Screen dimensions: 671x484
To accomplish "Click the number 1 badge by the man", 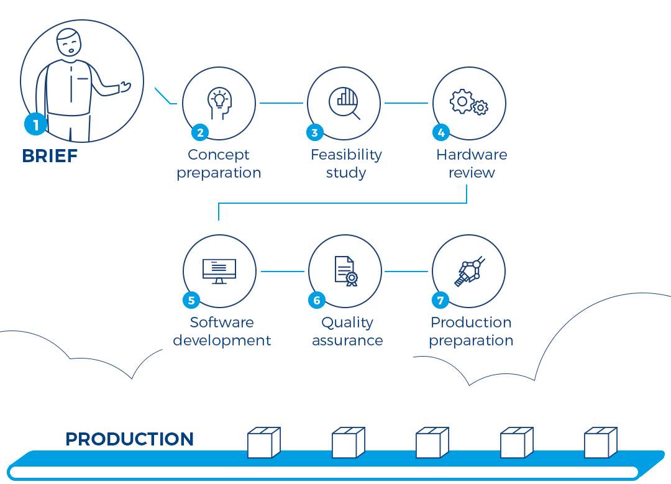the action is (x=35, y=124).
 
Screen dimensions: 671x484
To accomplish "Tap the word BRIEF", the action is (x=50, y=156).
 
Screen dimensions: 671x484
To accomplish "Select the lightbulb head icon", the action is (x=219, y=103).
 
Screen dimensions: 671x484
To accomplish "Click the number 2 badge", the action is (x=200, y=132).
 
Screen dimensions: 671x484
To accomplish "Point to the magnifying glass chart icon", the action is (x=344, y=103).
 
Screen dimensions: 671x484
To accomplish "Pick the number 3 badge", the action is (x=314, y=132).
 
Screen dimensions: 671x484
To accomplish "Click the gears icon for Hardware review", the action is (x=469, y=103).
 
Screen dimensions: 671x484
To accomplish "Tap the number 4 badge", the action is (x=440, y=132).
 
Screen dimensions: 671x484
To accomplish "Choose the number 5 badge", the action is (x=191, y=300).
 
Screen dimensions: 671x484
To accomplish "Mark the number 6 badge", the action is (x=317, y=300).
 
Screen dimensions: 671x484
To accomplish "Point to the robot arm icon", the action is (x=470, y=272).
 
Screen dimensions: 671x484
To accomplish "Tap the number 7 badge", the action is (x=440, y=300).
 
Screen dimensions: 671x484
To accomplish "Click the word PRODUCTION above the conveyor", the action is (x=130, y=439).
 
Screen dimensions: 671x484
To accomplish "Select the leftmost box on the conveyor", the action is (x=263, y=442).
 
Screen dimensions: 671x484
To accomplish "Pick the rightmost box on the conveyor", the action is (x=600, y=442).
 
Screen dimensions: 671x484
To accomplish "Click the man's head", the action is (x=69, y=42).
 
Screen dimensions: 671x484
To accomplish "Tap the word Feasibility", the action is (x=346, y=155).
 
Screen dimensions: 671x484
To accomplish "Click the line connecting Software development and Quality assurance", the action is (x=283, y=272).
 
